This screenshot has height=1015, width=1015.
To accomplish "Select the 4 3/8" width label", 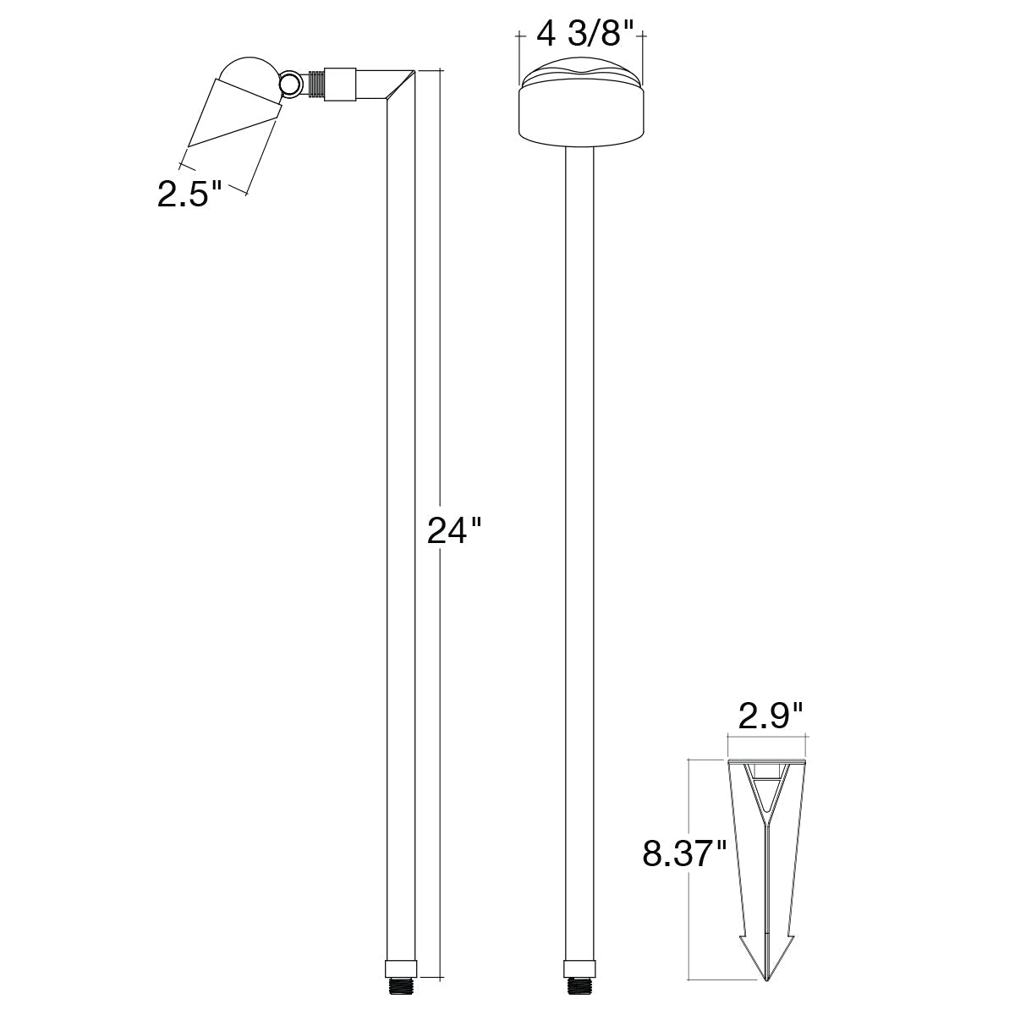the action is click(x=584, y=35).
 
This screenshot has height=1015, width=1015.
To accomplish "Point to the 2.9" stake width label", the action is click(x=770, y=716).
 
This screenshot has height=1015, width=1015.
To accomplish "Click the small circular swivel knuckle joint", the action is click(x=291, y=85).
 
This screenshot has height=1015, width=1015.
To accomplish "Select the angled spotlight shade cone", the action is click(x=235, y=112).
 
